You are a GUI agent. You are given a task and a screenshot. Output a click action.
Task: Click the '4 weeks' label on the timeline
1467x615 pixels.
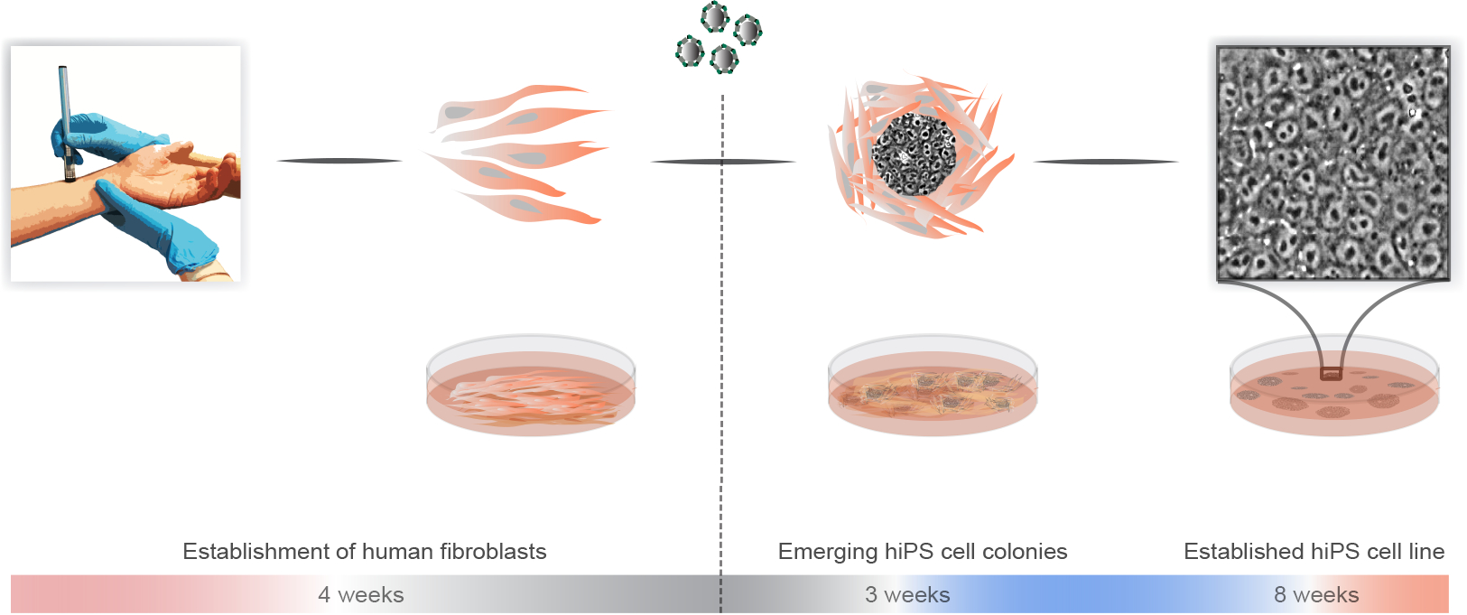[361, 595]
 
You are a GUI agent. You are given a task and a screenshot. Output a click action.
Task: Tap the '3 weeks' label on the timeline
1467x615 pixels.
[907, 595]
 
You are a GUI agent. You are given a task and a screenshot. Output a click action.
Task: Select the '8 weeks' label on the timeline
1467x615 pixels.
[1316, 595]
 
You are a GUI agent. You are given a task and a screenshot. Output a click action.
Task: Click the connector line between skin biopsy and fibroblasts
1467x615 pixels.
[339, 161]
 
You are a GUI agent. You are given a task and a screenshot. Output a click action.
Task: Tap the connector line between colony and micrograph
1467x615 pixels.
[1106, 162]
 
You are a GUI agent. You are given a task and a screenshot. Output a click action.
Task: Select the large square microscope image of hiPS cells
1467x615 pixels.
[1333, 163]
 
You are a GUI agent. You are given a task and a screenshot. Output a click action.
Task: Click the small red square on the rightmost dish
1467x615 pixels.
[1331, 373]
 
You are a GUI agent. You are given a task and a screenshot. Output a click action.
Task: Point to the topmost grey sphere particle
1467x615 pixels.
[715, 16]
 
